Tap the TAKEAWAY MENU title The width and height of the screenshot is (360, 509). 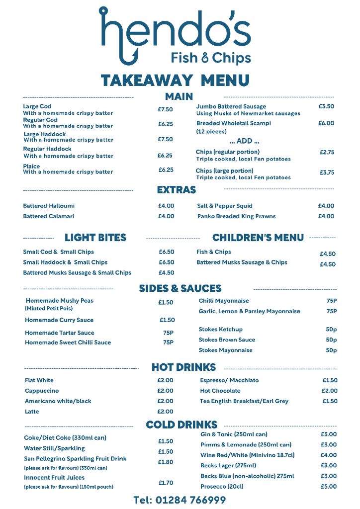point(175,80)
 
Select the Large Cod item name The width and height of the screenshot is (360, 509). point(37,106)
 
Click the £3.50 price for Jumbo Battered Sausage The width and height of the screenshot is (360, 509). point(326,106)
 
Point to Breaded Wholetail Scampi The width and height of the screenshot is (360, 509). point(234,123)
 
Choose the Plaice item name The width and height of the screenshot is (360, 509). point(31,167)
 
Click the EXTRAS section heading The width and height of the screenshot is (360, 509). point(177,190)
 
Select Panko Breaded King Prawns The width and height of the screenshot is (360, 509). point(236,216)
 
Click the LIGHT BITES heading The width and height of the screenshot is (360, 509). point(95,238)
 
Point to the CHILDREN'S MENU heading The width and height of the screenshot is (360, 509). point(258,238)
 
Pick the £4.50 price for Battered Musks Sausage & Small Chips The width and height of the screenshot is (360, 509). point(166,273)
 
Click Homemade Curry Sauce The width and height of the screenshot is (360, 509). point(59,320)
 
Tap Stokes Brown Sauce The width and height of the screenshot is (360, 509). point(227,340)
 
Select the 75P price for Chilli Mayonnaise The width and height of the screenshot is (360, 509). point(332,301)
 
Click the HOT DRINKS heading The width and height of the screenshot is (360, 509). point(183,367)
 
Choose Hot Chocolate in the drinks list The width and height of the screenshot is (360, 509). point(220,391)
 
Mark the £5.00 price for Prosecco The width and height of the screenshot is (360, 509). point(329,487)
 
